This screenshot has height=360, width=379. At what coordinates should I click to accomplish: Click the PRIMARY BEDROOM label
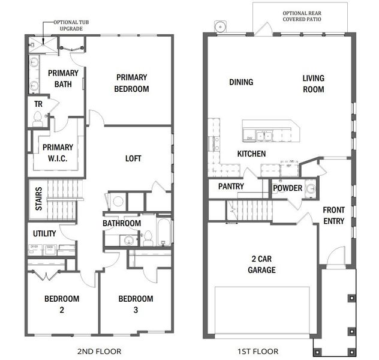click(133, 83)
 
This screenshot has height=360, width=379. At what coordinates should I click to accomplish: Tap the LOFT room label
click(133, 158)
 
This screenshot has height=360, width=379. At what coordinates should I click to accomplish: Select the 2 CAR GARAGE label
click(262, 265)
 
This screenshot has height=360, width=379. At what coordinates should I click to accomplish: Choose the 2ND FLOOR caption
click(100, 351)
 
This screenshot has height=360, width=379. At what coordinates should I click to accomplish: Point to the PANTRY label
click(230, 187)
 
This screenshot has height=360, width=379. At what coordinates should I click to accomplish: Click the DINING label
click(241, 82)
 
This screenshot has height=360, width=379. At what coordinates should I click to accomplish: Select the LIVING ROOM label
click(313, 83)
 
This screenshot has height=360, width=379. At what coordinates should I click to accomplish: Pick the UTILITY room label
click(44, 233)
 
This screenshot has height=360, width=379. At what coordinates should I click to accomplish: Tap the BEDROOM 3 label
click(135, 304)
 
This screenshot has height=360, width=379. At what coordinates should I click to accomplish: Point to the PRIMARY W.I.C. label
click(57, 152)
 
